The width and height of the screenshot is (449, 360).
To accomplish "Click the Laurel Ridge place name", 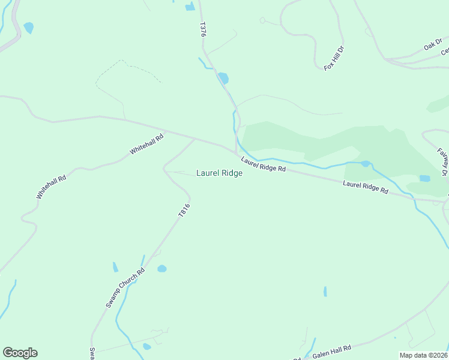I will point(219,173).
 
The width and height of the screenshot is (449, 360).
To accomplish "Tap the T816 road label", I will point(184,210).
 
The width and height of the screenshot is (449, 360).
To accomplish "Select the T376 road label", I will point(203,31).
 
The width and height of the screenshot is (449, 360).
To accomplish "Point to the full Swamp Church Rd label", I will point(125,288).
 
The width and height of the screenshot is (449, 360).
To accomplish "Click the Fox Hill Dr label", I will point(334,58).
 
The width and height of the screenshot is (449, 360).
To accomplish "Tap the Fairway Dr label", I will point(443,161).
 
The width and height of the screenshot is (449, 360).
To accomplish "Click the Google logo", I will point(20,353).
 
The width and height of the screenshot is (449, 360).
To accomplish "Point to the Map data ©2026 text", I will point(423,355).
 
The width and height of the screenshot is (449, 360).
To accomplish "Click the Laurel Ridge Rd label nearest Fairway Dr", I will point(366,187).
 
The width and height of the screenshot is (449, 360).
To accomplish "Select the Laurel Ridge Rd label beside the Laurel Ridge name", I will point(264,165).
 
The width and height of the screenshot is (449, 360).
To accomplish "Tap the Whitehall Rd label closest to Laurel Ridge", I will point(146,145).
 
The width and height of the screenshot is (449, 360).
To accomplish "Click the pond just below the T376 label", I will point(223,78).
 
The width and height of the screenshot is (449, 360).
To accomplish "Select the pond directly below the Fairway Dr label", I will point(425,178).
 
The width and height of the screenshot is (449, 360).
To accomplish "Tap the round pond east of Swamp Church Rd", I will point(161,269).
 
